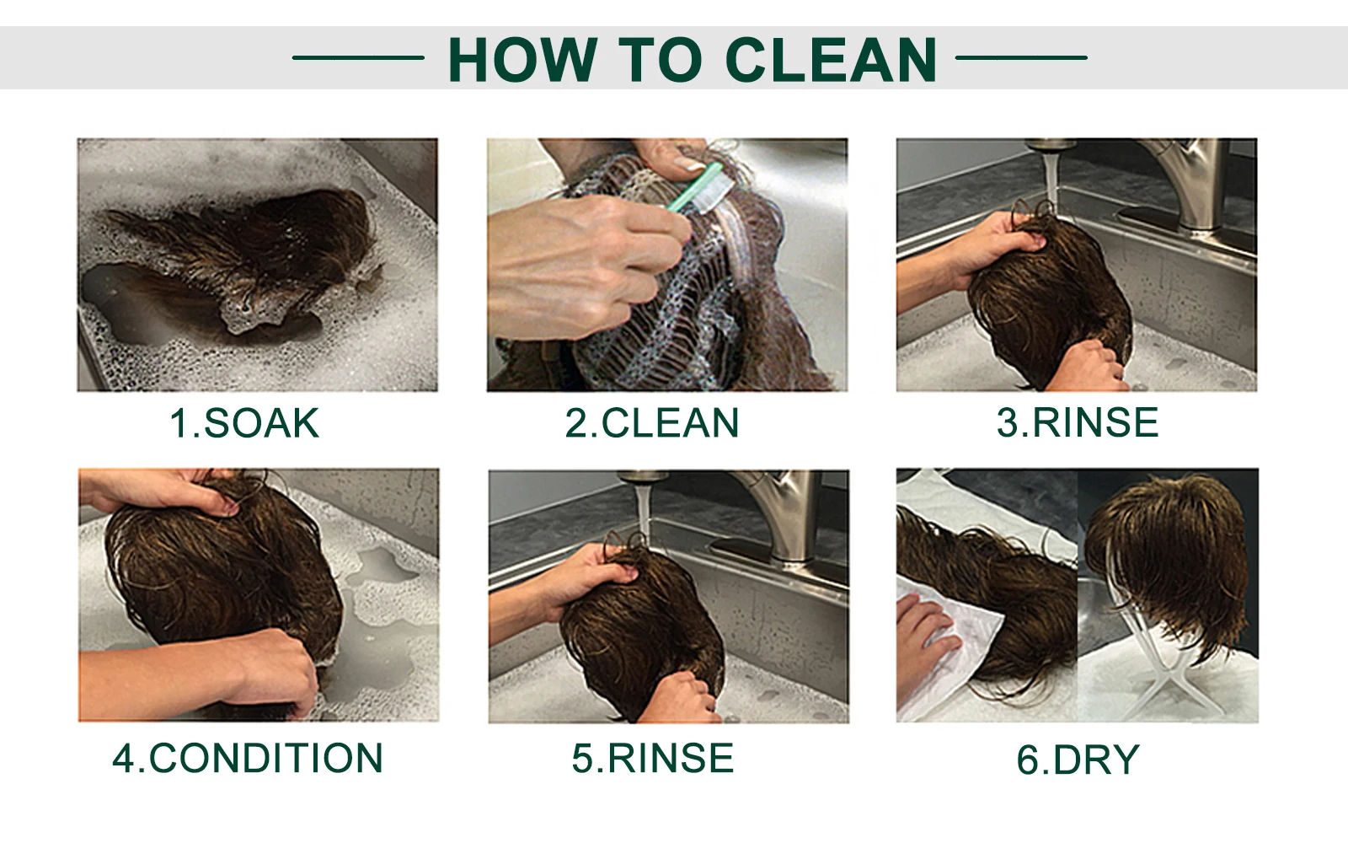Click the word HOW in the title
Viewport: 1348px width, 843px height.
coord(523,59)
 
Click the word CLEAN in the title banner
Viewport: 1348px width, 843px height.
coord(831,59)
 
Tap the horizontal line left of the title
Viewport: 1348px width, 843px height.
coord(358,58)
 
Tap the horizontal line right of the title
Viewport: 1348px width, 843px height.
coord(1021,58)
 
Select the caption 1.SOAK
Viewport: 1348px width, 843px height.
coord(243,422)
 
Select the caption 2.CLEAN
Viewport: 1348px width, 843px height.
coord(652,422)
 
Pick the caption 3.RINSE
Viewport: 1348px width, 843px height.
coord(1078,422)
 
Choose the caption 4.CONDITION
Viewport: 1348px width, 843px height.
coord(248,758)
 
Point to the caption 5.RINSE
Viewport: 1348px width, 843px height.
coord(652,758)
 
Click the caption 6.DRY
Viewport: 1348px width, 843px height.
coord(1078,760)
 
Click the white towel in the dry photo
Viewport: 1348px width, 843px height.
coord(951,650)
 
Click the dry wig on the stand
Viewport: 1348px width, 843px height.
coord(1168,554)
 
